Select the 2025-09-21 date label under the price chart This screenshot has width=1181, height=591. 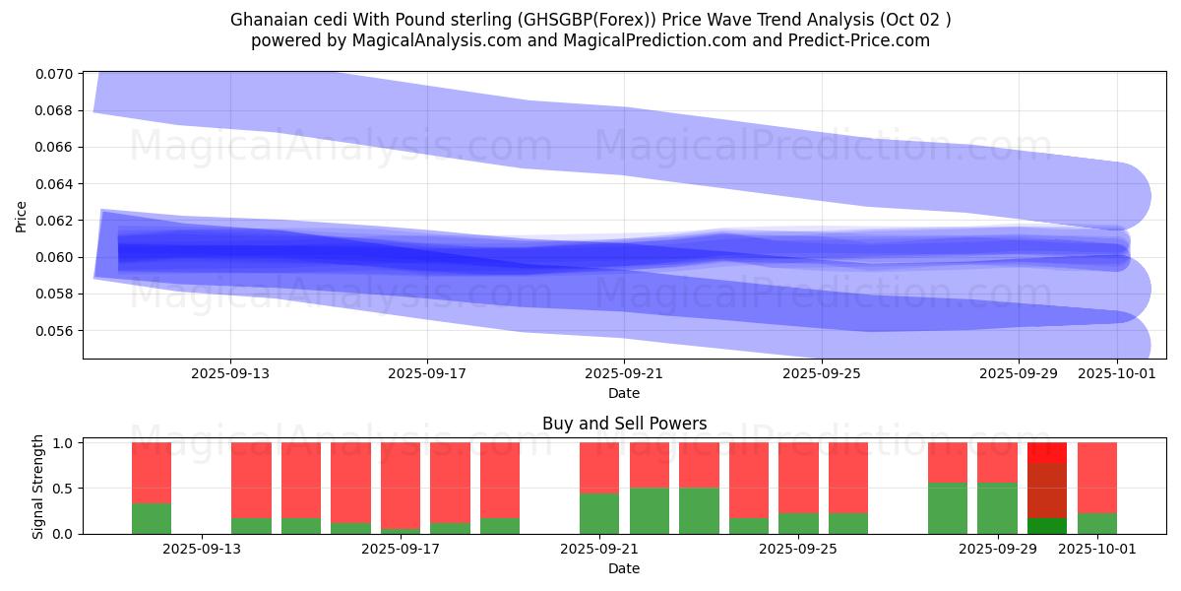click(x=624, y=374)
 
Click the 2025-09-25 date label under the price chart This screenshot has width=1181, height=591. click(x=822, y=374)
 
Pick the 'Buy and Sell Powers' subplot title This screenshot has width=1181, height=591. click(x=624, y=425)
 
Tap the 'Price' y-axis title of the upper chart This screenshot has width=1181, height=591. click(x=22, y=216)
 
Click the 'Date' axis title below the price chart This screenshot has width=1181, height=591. click(x=624, y=393)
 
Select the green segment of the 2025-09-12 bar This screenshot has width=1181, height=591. click(x=152, y=518)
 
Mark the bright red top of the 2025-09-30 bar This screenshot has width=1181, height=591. click(x=1047, y=452)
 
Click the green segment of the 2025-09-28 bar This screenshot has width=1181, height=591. click(x=948, y=508)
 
